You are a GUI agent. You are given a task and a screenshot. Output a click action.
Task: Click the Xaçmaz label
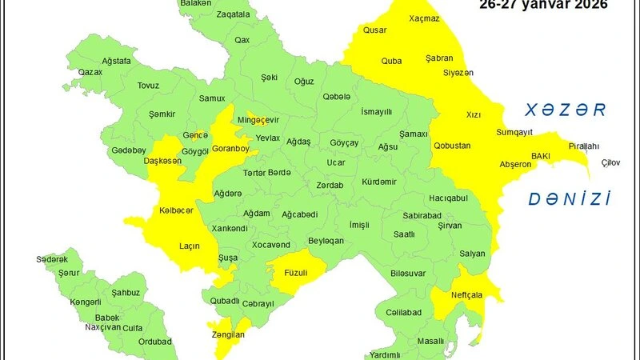(x=424, y=18)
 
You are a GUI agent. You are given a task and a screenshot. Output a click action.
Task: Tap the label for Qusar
(x=374, y=30)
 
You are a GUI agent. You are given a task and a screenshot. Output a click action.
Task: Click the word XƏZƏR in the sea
(x=561, y=110)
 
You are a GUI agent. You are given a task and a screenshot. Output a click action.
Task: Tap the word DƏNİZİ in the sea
(x=569, y=199)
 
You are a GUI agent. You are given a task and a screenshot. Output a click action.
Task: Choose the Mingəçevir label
(x=258, y=120)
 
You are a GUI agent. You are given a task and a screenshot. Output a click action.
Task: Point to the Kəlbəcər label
(x=176, y=210)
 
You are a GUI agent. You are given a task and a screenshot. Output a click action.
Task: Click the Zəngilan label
(x=229, y=335)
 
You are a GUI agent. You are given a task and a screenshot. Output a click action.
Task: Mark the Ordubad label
(x=154, y=342)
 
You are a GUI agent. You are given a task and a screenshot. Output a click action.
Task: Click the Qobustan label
(x=452, y=146)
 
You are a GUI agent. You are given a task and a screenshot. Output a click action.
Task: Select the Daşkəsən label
(x=162, y=161)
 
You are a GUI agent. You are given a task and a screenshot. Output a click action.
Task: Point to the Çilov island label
(x=610, y=163)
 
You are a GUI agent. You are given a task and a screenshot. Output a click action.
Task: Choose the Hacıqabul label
(x=447, y=198)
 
